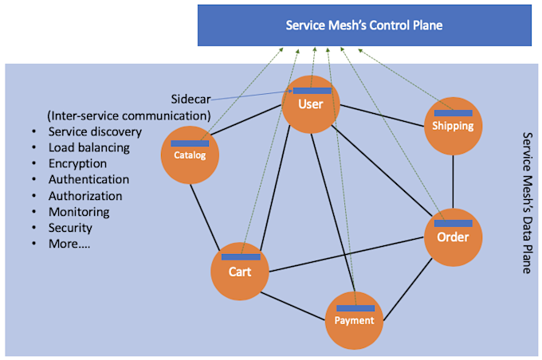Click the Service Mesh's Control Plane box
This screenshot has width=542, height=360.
tap(364, 25)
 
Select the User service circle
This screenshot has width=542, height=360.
tap(311, 105)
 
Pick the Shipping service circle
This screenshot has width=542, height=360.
tap(453, 126)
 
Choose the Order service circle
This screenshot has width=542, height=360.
tap(453, 237)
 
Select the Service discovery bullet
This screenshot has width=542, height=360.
tap(95, 131)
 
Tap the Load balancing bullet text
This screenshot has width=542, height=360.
tap(88, 147)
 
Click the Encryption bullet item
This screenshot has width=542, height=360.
tap(78, 163)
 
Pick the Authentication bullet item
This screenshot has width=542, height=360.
tap(88, 179)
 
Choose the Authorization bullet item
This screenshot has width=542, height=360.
tap(85, 195)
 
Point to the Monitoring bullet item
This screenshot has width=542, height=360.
tap(79, 212)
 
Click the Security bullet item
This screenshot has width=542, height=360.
tap(72, 228)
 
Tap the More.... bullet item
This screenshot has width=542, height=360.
tap(69, 244)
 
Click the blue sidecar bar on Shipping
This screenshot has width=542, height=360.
tap(453, 113)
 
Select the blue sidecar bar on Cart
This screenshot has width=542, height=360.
tap(241, 256)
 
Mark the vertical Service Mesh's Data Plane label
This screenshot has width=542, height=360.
tap(526, 203)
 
